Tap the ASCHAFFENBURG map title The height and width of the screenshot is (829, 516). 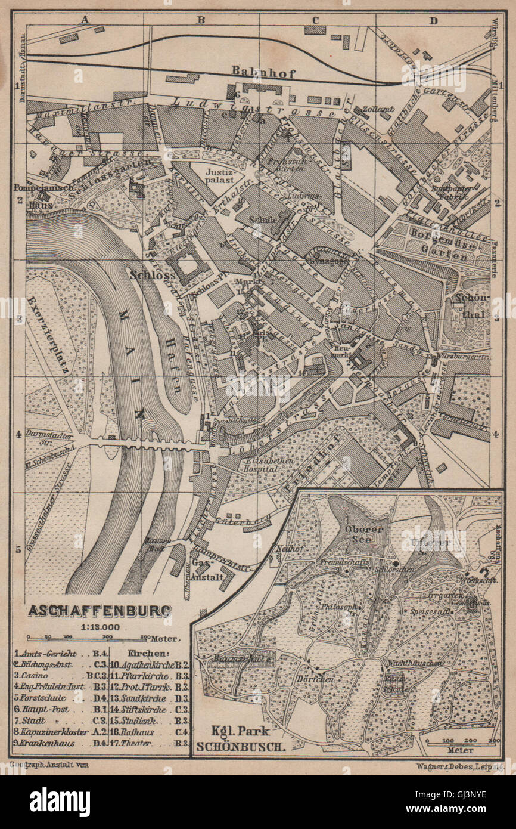tap(99, 611)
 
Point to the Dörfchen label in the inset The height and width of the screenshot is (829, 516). tap(310, 679)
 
